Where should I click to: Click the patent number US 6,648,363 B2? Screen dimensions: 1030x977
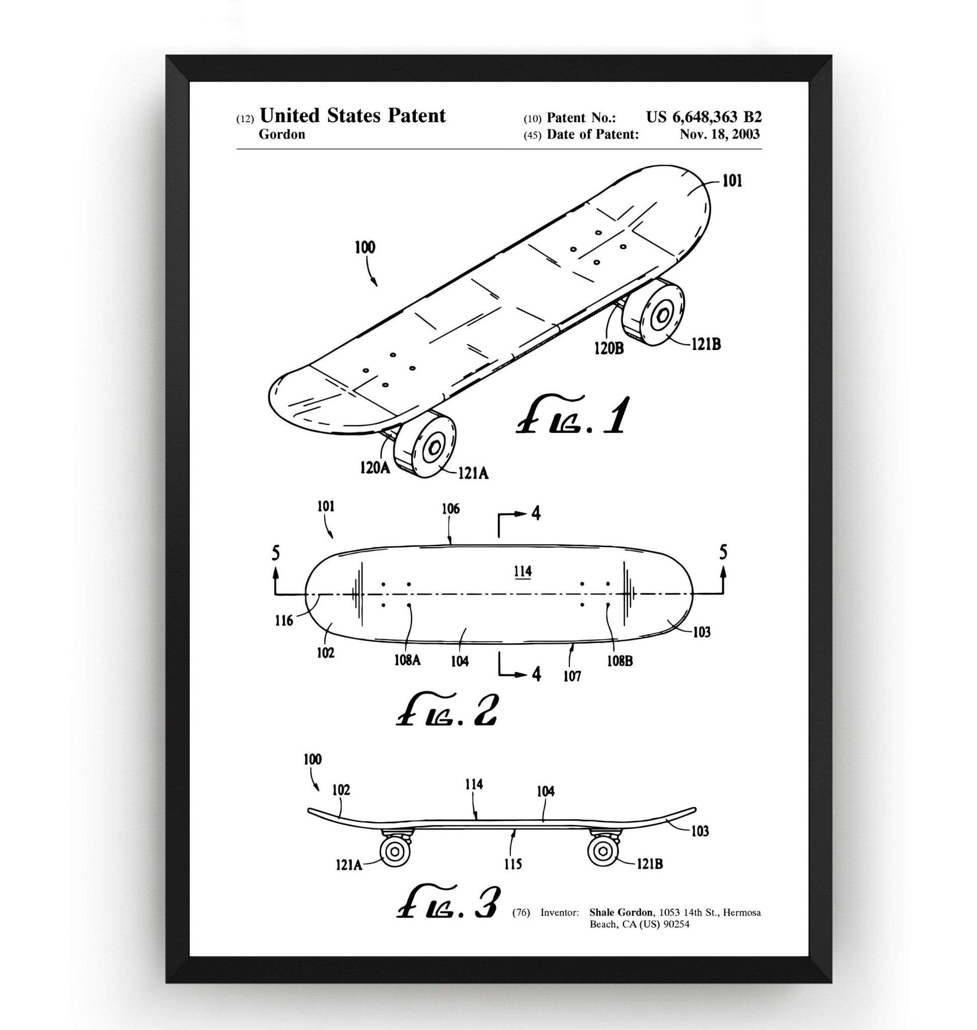pos(704,117)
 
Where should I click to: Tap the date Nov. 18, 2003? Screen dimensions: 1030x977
pos(719,135)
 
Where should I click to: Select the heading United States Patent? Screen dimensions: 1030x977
pos(352,116)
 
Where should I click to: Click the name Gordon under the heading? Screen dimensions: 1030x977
pos(282,134)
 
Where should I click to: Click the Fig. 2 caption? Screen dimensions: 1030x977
pos(446,712)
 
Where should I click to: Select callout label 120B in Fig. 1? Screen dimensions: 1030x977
pos(609,348)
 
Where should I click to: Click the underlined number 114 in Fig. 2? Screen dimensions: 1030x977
pos(522,571)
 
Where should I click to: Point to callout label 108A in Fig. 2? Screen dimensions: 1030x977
pos(407,660)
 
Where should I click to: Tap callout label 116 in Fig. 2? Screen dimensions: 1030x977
pos(284,621)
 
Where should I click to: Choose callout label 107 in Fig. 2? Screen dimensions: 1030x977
pos(572,676)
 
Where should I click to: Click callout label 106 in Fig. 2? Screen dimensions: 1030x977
pos(450,508)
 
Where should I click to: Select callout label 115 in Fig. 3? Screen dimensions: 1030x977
pos(512,865)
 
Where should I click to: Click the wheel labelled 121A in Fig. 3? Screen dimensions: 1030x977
pos(395,852)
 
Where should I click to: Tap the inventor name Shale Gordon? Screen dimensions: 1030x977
pos(621,912)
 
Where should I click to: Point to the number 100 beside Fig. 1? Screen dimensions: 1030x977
pos(364,247)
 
